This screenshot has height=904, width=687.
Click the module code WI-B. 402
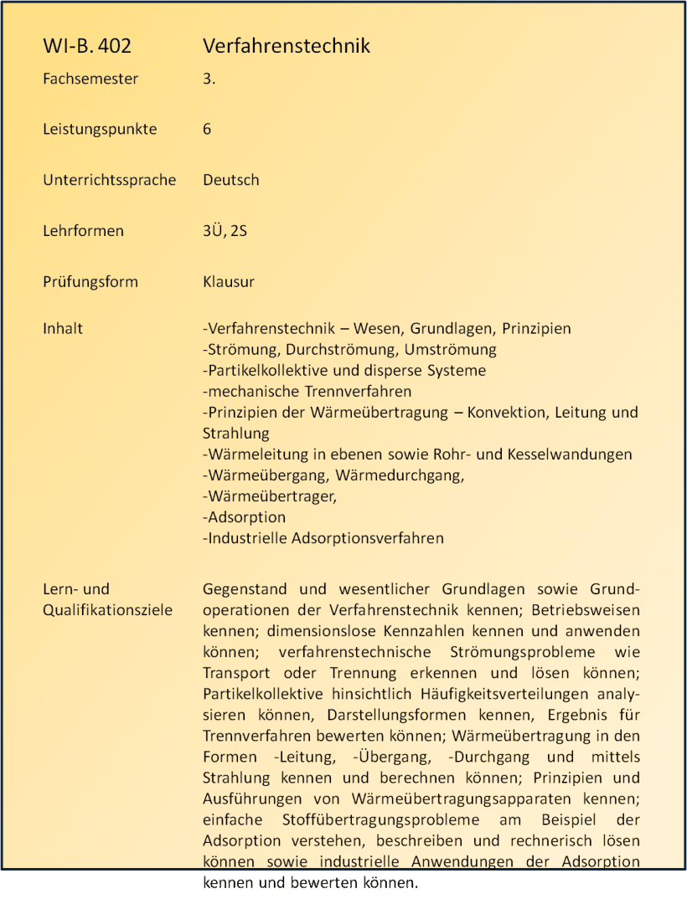(87, 46)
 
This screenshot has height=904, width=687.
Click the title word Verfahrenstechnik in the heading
(287, 46)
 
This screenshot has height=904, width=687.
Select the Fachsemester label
(90, 79)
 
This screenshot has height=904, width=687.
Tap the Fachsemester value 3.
(209, 79)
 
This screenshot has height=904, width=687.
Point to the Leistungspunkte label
(100, 129)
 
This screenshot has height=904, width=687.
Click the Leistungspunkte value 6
(207, 129)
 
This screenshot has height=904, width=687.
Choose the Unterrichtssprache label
(110, 180)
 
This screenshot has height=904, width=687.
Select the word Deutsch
(231, 180)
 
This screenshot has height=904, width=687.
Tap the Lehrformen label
(83, 231)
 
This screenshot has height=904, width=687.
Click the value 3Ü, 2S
(225, 231)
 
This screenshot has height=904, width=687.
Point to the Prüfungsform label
(90, 281)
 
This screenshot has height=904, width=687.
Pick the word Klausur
(229, 281)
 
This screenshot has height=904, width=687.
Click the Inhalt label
(63, 328)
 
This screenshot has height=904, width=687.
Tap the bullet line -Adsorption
(245, 517)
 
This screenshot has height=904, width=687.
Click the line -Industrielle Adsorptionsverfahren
(323, 538)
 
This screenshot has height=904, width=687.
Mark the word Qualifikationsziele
(107, 610)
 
